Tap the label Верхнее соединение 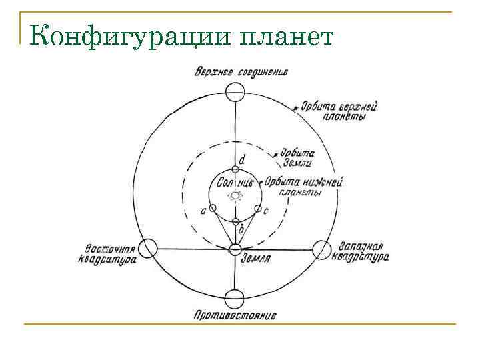pos(241,72)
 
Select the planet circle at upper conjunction pos(235,92)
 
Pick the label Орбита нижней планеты pos(304,186)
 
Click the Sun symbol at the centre pos(235,196)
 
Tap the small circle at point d pos(235,170)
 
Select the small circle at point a pos(213,209)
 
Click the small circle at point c pos(257,209)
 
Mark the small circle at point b pos(235,221)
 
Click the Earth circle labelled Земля pos(235,249)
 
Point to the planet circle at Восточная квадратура pos(147,248)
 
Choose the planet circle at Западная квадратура pos(321,249)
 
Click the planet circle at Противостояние pos(235,298)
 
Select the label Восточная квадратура pos(111,249)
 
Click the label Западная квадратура pos(361,251)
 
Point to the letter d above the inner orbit pos(242,160)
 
